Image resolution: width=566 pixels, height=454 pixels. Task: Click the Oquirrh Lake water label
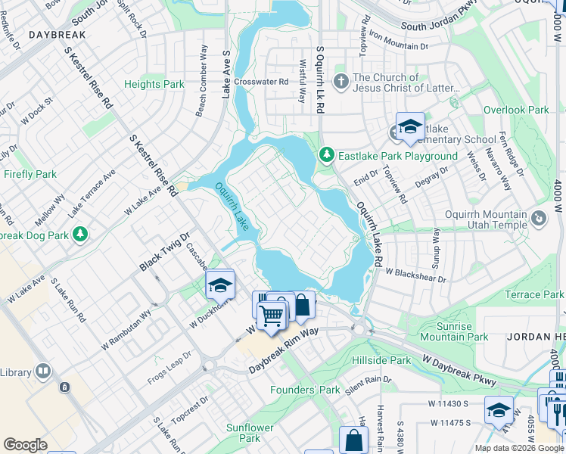232,207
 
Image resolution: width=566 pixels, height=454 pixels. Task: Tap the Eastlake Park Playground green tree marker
327,155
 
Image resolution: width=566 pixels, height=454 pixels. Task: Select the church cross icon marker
341,80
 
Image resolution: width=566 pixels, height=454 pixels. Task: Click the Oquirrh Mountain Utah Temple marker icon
538,219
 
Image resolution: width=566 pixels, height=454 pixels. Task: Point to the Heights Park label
154,85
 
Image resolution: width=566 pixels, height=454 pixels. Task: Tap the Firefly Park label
30,174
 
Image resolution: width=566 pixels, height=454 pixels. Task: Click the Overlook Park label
516,110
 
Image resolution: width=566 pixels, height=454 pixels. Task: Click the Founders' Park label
306,390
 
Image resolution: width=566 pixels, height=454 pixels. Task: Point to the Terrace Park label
533,294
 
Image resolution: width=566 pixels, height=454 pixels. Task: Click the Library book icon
43,372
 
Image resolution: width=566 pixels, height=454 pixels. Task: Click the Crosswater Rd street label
261,82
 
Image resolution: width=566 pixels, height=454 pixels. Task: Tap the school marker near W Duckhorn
219,285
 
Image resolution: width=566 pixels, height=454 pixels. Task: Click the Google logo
25,445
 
